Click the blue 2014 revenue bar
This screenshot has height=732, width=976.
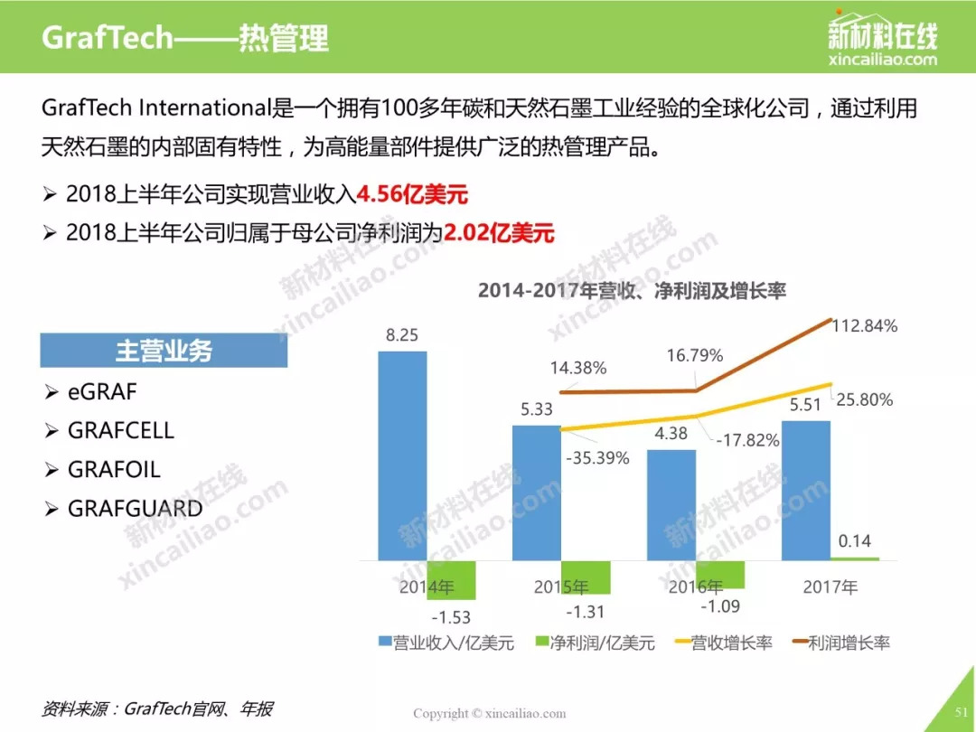402,455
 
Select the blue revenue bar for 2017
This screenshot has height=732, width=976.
805,489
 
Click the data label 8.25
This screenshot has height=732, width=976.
402,335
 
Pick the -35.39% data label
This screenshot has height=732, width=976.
597,457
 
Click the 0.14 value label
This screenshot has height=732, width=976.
854,541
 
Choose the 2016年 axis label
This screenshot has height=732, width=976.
696,587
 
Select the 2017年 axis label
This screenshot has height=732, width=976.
830,587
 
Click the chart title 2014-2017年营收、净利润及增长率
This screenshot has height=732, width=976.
633,291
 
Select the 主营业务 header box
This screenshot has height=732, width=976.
164,351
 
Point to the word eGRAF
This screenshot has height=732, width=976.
102,392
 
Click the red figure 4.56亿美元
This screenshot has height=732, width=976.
413,194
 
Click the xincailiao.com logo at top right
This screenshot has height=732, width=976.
882,41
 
